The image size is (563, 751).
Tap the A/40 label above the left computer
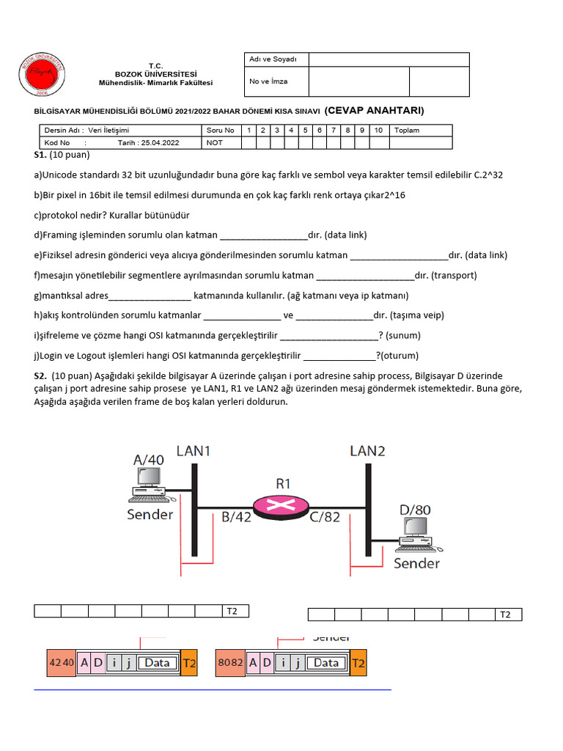click(149, 459)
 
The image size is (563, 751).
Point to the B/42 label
click(236, 516)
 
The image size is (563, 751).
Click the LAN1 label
click(194, 451)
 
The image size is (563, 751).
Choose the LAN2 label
click(367, 451)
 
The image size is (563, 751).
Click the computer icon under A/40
click(148, 483)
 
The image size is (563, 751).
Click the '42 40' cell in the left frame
click(62, 663)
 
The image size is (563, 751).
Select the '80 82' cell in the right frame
click(230, 663)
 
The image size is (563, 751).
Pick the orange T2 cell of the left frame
click(189, 663)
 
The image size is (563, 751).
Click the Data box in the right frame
click(326, 663)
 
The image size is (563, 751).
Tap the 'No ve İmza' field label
click(268, 81)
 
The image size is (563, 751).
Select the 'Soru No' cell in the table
click(220, 130)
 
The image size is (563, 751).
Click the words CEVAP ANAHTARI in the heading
click(374, 110)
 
